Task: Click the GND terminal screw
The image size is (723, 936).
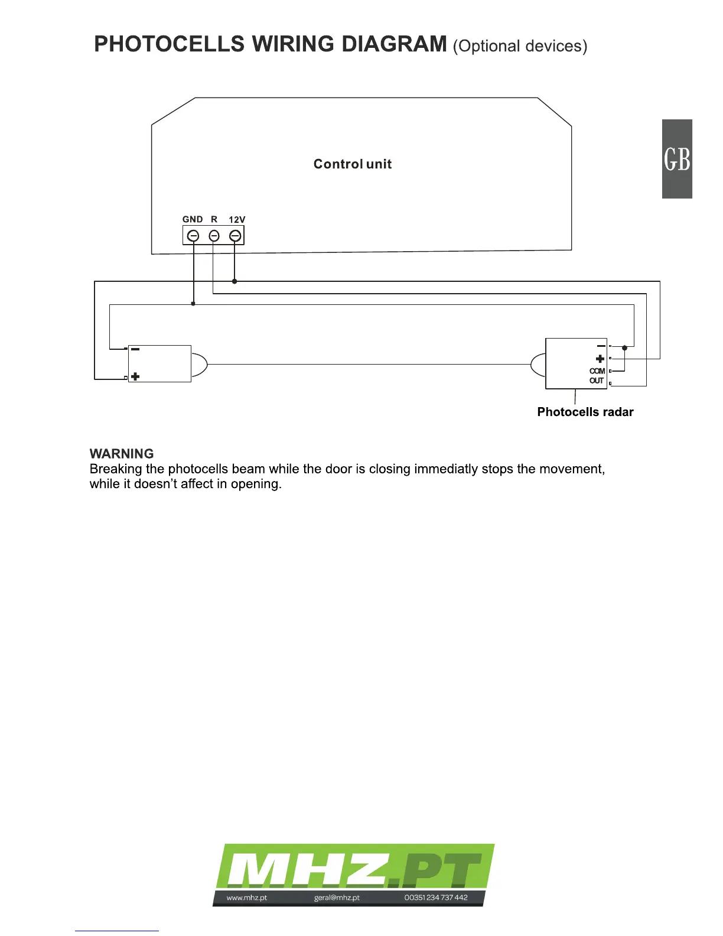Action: pos(193,236)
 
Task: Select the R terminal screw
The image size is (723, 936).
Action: pos(214,236)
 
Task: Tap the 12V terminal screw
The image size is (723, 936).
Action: pos(235,236)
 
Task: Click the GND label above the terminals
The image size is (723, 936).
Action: pos(193,219)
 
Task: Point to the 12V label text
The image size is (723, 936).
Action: pos(237,219)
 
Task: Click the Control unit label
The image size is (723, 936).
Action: pos(353,164)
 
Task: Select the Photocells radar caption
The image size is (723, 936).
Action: pos(585,412)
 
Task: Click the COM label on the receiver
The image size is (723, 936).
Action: pos(597,371)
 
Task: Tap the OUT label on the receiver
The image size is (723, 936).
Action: pos(597,381)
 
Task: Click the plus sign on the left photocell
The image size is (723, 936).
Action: pos(135,376)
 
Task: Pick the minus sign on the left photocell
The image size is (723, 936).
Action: pos(135,349)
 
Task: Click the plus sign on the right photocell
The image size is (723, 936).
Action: pos(600,359)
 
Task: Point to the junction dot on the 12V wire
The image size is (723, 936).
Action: pos(235,281)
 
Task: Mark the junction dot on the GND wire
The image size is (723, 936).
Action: pos(193,304)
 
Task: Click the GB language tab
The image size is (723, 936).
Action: pos(677,159)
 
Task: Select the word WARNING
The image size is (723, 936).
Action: pos(122,454)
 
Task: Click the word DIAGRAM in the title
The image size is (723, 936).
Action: pos(395,44)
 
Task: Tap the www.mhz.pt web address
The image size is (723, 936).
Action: pos(247,898)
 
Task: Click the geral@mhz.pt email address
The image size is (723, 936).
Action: pos(337,898)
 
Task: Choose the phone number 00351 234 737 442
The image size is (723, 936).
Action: pos(436,898)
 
